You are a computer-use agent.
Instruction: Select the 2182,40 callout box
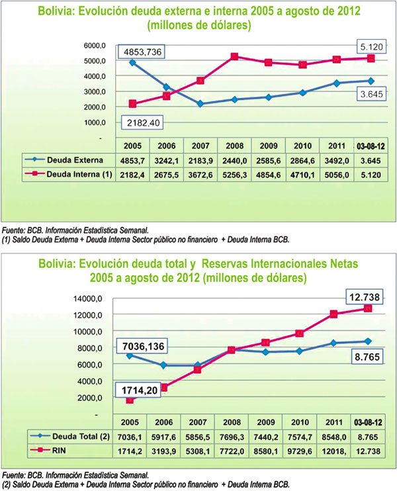(146, 122)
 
